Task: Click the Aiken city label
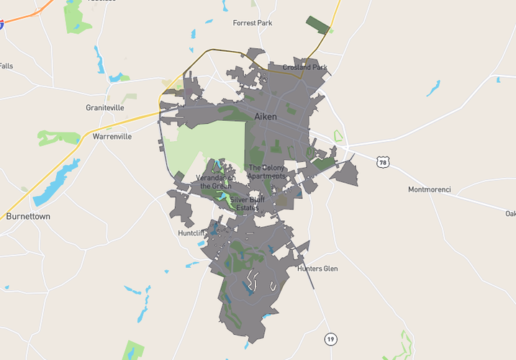click(x=265, y=116)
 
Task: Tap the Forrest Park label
click(x=253, y=23)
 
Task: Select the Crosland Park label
click(x=304, y=67)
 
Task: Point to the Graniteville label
click(x=105, y=107)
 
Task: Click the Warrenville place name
click(x=112, y=135)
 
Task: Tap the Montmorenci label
click(x=429, y=190)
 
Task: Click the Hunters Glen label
click(x=317, y=269)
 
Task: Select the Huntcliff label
click(x=192, y=233)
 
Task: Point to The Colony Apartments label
click(x=267, y=172)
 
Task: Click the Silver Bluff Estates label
click(x=248, y=203)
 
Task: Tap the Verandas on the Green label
click(x=215, y=181)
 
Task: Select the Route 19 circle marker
click(x=330, y=339)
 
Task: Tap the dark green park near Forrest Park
click(x=317, y=23)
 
